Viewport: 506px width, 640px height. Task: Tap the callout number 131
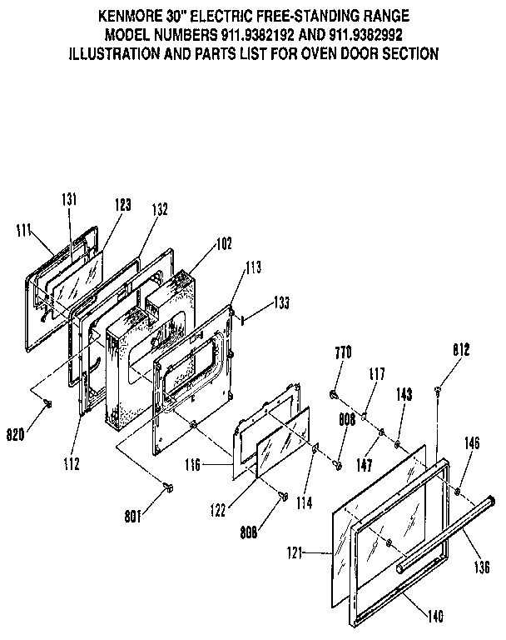(x=69, y=199)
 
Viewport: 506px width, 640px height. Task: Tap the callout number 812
(x=460, y=350)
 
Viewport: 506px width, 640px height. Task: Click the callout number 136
(x=480, y=566)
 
